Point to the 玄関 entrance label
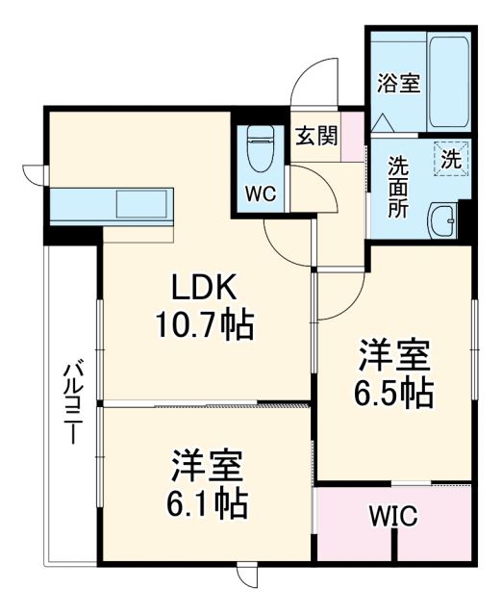click(315, 136)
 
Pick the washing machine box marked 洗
click(450, 160)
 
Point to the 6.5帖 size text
click(395, 393)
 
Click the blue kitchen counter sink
click(142, 205)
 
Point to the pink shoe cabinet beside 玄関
click(354, 138)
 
